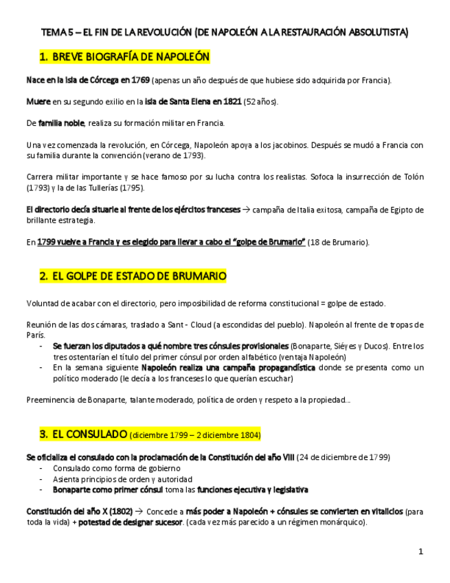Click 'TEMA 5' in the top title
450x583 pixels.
click(56, 32)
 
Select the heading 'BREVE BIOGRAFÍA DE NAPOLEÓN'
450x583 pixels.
click(131, 56)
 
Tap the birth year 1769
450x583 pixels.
click(139, 80)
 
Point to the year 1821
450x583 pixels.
click(230, 102)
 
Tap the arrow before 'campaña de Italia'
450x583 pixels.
click(247, 209)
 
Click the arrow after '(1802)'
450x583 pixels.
click(138, 511)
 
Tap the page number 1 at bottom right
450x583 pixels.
click(420, 551)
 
